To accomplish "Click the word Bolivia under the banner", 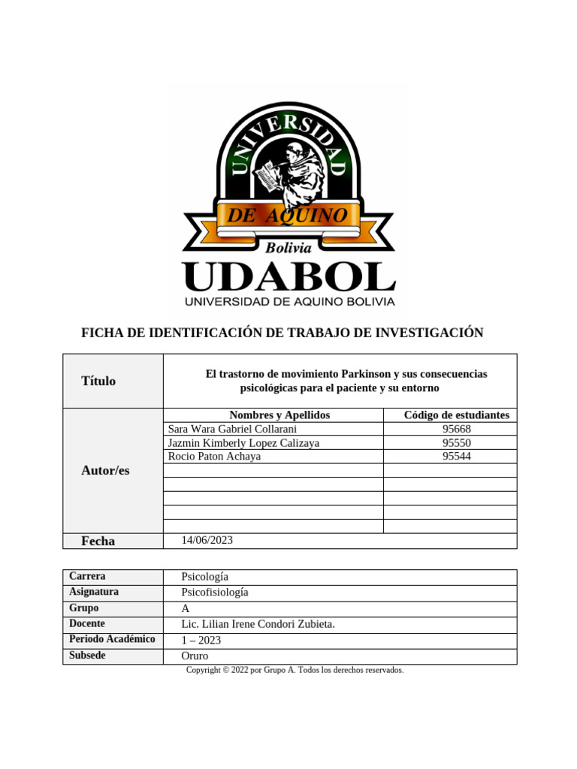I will [x=288, y=247].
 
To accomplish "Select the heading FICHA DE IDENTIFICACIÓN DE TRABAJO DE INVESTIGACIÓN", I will [x=282, y=333].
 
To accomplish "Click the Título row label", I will [x=98, y=381].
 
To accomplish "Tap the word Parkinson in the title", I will [x=365, y=373].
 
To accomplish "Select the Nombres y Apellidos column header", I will [x=279, y=415].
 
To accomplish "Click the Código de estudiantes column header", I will [x=456, y=415].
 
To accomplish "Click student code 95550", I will [x=457, y=443].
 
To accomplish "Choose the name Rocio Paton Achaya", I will [x=214, y=456].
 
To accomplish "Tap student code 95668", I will [x=457, y=429].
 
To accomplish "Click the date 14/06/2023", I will [x=208, y=540].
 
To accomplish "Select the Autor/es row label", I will [x=105, y=470].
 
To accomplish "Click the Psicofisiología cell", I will [x=215, y=593].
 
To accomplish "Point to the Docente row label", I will [x=87, y=623].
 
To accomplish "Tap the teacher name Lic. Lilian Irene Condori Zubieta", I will [x=258, y=624].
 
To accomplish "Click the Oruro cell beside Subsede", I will [x=195, y=656].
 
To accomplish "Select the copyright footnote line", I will [x=295, y=670].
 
